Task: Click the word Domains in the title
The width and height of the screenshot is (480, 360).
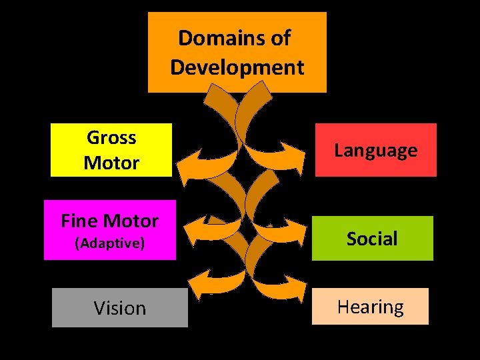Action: click(x=215, y=38)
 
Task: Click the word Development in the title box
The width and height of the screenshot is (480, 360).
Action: click(x=237, y=67)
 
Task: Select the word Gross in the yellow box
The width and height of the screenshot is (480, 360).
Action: click(x=111, y=138)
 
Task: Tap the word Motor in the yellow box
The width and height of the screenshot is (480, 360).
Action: click(x=111, y=163)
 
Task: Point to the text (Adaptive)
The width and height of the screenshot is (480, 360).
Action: click(x=110, y=243)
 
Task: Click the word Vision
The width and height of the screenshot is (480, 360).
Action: click(x=119, y=308)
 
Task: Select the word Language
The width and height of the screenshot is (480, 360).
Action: click(x=375, y=151)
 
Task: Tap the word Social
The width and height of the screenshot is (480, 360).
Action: click(x=372, y=239)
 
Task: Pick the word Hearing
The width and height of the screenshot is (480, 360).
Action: click(x=370, y=307)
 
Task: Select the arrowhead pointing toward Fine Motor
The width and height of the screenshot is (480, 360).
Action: click(x=193, y=230)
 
